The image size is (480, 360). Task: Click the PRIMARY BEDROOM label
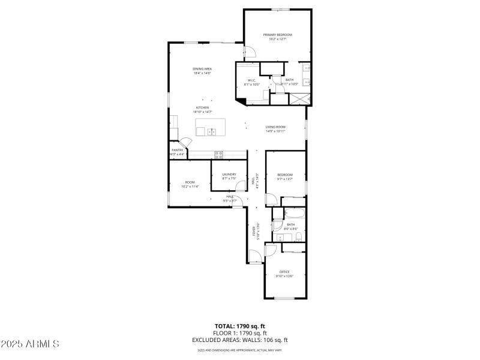click(277, 35)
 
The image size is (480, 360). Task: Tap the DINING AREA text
click(202, 69)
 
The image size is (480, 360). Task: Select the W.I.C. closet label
click(253, 80)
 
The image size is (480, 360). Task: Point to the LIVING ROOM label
click(275, 127)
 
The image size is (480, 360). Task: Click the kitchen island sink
click(212, 131)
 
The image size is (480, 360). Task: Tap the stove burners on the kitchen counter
click(219, 154)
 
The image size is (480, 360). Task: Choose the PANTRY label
click(177, 150)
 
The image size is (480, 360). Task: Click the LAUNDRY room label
click(229, 175)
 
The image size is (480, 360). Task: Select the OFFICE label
click(284, 272)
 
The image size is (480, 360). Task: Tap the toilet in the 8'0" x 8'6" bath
click(277, 226)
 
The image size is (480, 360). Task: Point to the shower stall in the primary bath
click(298, 98)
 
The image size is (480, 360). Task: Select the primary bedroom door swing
click(250, 52)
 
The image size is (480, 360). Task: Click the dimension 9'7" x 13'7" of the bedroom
click(284, 179)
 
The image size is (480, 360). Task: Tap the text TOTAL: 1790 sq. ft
click(239, 326)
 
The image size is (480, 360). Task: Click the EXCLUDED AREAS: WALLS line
click(239, 340)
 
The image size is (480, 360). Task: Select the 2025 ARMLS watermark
click(30, 344)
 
